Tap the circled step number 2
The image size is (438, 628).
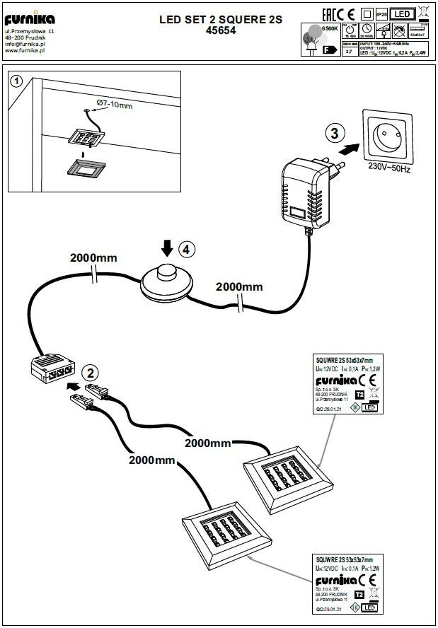(90, 373)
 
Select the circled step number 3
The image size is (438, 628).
(336, 133)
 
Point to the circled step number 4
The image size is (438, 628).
(185, 250)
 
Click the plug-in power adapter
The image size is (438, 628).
(305, 192)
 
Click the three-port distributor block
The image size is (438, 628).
(53, 368)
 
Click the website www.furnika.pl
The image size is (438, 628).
(25, 50)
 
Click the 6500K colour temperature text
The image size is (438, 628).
(330, 27)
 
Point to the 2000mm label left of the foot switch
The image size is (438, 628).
(93, 257)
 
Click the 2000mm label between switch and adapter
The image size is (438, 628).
(239, 286)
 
